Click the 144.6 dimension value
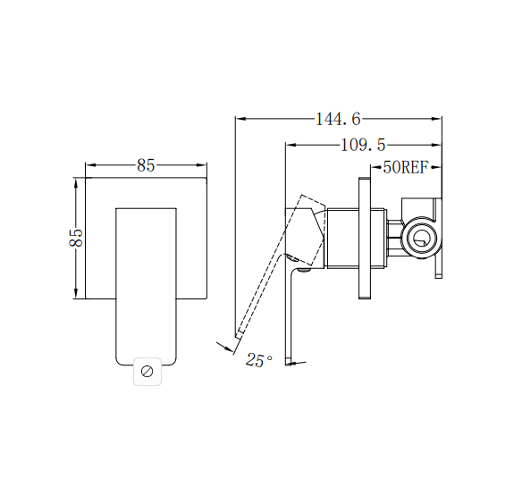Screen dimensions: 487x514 (x=338, y=118)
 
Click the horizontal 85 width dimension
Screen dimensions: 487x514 (x=146, y=164)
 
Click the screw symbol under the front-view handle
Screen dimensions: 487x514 (x=147, y=371)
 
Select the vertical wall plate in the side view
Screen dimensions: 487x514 (x=363, y=238)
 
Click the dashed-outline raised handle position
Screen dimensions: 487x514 (x=273, y=268)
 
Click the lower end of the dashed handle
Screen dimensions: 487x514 (x=240, y=334)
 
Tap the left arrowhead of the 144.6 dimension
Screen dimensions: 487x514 (x=239, y=118)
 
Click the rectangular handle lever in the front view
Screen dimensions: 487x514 (x=147, y=277)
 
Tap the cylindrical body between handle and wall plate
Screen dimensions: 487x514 (x=354, y=238)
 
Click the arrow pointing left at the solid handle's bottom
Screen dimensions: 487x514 (x=298, y=363)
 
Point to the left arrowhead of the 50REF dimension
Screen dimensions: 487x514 (x=373, y=167)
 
